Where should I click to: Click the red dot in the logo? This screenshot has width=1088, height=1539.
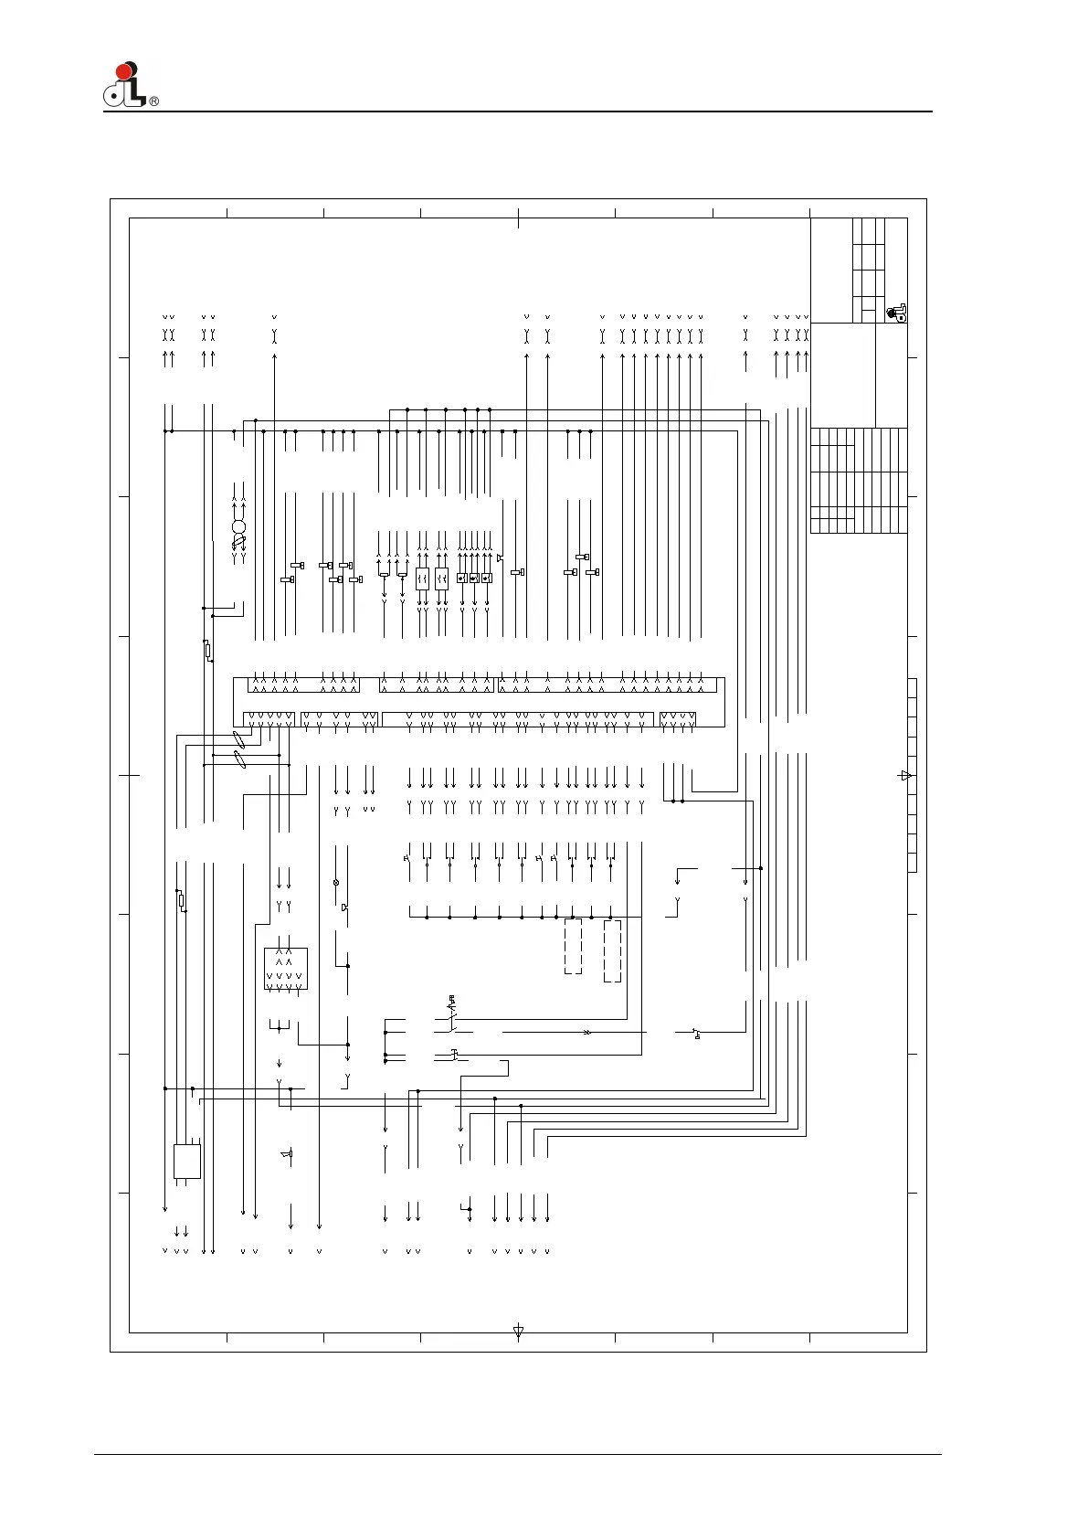[124, 70]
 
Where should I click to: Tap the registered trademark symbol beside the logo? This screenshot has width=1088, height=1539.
[153, 101]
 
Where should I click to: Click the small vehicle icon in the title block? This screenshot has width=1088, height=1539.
[897, 313]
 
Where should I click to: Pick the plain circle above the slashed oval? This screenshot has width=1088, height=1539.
[239, 527]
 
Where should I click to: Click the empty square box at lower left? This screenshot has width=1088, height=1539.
[187, 1162]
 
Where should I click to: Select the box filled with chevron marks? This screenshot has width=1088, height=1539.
[286, 969]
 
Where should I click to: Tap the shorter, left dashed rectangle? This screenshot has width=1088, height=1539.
[573, 946]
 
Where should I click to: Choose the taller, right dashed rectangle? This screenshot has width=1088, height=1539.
[613, 950]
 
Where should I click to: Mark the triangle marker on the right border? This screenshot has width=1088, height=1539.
[905, 776]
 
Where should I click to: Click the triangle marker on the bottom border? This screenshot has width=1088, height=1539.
[519, 1332]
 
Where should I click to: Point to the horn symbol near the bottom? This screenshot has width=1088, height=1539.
[287, 1155]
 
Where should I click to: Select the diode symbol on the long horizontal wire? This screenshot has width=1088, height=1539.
[587, 1032]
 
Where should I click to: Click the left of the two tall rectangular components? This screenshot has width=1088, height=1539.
[422, 579]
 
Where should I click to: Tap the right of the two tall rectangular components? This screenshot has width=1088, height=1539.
[441, 579]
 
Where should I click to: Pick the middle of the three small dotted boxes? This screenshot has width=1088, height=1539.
[474, 578]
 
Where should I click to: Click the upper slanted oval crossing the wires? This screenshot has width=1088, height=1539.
[239, 740]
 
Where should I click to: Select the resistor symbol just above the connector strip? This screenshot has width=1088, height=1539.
[207, 650]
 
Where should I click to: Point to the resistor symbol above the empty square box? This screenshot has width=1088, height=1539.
[181, 900]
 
